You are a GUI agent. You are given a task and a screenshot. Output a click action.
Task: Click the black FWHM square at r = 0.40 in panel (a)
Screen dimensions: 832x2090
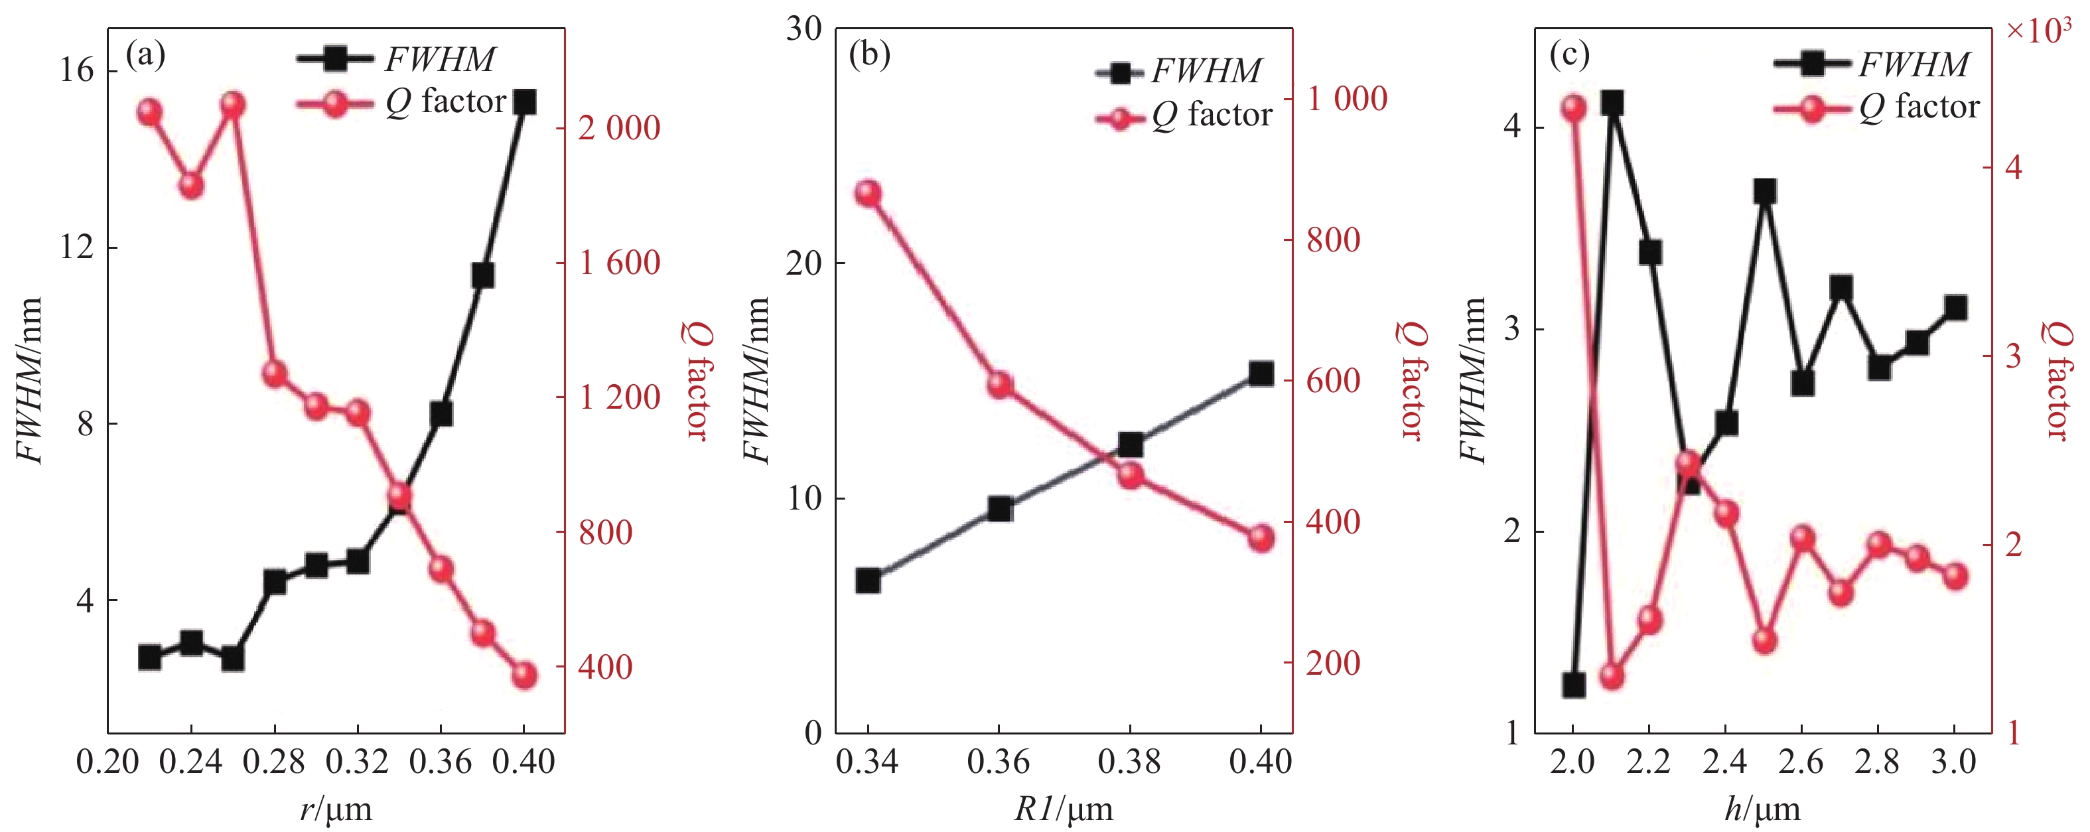[x=524, y=103]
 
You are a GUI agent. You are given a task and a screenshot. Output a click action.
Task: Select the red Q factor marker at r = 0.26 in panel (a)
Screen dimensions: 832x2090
[x=233, y=105]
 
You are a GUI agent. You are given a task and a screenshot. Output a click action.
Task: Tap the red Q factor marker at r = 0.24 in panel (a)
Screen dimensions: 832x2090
[x=192, y=186]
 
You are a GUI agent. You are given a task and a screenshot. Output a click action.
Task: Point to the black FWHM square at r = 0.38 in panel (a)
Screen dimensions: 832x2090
[x=483, y=276]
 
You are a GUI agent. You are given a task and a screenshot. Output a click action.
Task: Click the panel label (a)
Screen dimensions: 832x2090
[x=145, y=55]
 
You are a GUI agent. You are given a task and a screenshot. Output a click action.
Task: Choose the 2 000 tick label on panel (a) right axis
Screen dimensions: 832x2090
[x=619, y=128]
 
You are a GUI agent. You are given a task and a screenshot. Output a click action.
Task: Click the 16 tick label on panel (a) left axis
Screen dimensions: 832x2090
[x=77, y=70]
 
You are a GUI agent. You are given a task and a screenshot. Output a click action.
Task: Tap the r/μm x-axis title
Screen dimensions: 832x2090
[x=336, y=809]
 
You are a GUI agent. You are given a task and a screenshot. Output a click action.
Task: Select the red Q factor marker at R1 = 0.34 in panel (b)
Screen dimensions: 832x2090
[x=868, y=194]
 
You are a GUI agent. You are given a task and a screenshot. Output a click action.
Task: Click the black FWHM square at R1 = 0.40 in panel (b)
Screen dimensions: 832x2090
[x=1260, y=374]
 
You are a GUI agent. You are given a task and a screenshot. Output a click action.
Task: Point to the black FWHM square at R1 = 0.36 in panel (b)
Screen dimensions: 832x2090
[x=1000, y=509]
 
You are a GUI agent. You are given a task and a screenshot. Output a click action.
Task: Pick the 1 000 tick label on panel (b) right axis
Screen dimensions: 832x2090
[x=1347, y=99]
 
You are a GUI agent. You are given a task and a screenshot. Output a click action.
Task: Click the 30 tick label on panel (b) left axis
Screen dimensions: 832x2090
[x=803, y=29]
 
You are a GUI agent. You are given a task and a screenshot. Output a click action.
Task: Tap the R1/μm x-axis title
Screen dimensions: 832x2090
[x=1064, y=809]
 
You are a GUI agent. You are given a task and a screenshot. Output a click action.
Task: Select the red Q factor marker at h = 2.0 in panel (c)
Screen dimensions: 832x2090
[x=1574, y=109]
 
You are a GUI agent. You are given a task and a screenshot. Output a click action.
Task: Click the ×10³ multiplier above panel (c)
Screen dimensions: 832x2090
[x=2038, y=29]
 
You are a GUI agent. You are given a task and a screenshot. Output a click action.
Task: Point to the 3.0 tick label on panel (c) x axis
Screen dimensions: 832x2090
[x=1955, y=762]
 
